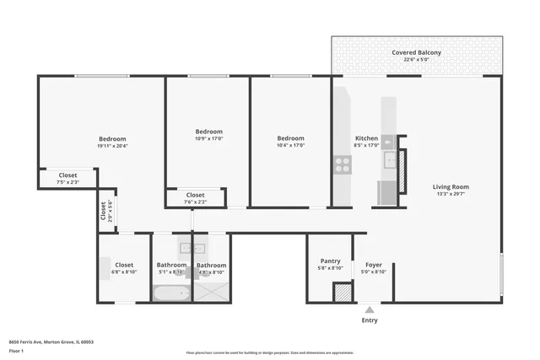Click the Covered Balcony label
point(416,52)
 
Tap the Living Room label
point(451,186)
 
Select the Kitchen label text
point(366,138)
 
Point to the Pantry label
point(330,261)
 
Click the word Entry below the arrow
point(370,320)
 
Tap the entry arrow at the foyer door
point(370,309)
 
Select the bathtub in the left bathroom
point(172,293)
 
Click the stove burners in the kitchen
point(343,165)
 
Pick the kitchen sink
point(389,159)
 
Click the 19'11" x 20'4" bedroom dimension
point(112,147)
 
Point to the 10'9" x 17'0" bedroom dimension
point(208,139)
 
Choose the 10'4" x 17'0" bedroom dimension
point(290,145)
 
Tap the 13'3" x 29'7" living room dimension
point(451,195)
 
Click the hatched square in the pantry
point(342,293)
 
